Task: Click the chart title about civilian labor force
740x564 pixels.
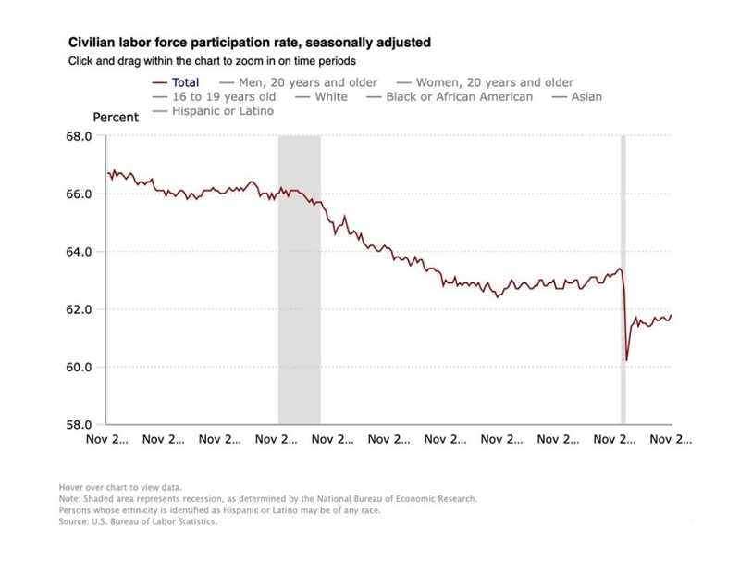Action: (x=249, y=43)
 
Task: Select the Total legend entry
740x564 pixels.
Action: (x=185, y=82)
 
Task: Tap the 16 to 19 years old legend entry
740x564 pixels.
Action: (x=211, y=96)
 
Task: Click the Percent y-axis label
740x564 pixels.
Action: (x=116, y=118)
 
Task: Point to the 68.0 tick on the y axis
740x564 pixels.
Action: (x=79, y=137)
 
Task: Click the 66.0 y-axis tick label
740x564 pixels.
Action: (x=79, y=194)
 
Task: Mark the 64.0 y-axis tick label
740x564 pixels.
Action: (x=79, y=252)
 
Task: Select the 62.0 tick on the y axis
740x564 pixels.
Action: (x=79, y=309)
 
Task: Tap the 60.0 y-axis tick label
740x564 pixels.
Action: (x=79, y=367)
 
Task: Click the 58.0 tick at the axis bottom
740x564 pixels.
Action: (x=79, y=424)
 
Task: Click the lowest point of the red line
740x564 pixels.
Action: (x=627, y=359)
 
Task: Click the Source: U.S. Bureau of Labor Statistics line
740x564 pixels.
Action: (x=138, y=521)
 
